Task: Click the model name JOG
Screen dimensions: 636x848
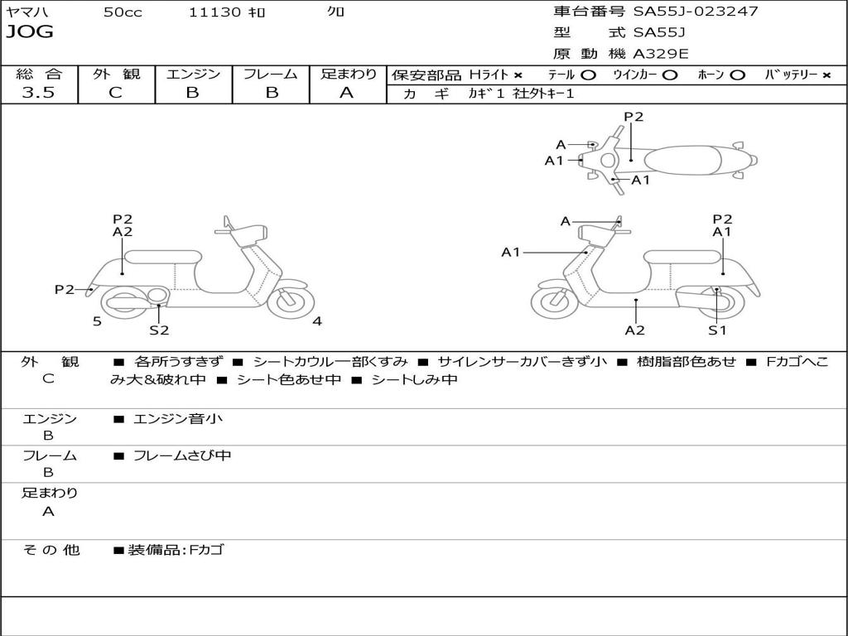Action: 30,32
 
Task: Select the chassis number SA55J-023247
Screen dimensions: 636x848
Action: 696,12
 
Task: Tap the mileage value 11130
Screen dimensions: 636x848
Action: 214,12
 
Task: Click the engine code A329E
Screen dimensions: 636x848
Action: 661,54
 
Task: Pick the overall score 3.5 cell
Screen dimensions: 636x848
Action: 38,93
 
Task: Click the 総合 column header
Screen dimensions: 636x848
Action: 38,74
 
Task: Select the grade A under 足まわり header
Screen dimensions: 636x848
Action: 347,93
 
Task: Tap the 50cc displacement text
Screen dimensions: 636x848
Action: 123,12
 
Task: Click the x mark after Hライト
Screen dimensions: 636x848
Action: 518,75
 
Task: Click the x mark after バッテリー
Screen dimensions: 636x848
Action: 826,75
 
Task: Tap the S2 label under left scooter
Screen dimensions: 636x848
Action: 159,330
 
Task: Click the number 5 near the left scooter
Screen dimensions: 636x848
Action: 97,321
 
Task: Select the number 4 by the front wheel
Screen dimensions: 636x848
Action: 317,321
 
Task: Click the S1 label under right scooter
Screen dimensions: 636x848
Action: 717,330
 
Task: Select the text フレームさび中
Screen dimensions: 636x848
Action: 182,455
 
